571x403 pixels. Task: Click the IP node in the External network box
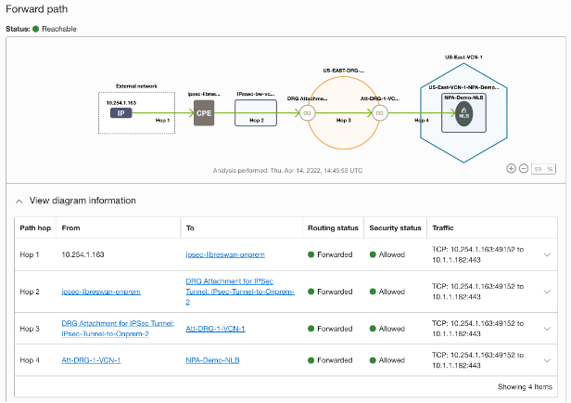tap(121, 112)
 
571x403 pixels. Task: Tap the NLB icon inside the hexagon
tap(464, 113)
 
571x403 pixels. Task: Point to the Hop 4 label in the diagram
tap(422, 120)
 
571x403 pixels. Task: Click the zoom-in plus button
tap(512, 169)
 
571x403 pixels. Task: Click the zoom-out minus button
tap(524, 169)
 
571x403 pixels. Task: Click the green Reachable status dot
tap(36, 29)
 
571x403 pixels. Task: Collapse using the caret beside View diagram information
tap(19, 201)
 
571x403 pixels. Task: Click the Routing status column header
tap(333, 227)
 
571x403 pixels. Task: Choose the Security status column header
tap(395, 227)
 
